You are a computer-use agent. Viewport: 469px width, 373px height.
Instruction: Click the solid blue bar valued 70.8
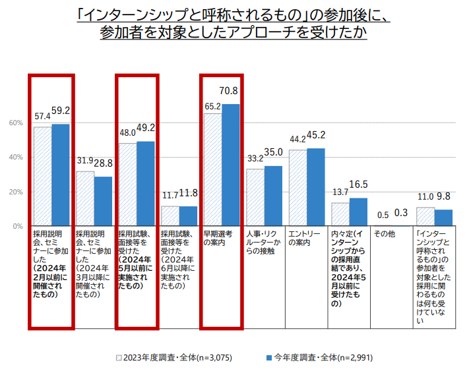231,165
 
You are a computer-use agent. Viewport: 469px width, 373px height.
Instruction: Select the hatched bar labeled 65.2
212,169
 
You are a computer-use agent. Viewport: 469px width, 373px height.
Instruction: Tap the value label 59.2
61,111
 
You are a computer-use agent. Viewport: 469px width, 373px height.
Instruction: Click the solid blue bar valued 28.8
103,201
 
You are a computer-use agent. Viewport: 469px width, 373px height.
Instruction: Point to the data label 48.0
127,132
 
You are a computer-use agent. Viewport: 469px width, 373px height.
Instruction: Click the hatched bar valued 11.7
170,216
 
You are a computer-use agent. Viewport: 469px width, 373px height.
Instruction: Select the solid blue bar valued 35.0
273,196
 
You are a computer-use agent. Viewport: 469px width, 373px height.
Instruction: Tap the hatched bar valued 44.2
297,188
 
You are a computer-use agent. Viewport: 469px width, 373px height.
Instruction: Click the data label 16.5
358,185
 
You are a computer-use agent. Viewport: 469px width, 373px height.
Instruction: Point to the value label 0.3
400,213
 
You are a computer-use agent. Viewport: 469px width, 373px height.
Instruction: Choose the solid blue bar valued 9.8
443,217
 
